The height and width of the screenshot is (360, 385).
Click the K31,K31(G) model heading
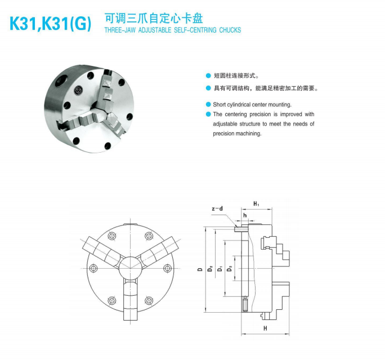pyautogui.click(x=50, y=24)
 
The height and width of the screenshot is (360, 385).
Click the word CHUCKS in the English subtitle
pyautogui.click(x=230, y=30)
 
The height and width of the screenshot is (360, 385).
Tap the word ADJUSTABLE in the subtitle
pyautogui.click(x=155, y=30)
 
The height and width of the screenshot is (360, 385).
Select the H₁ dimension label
pyautogui.click(x=256, y=204)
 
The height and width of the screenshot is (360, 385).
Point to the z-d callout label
pyautogui.click(x=217, y=208)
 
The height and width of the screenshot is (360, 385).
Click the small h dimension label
pyautogui.click(x=245, y=216)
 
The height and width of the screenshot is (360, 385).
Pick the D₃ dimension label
pyautogui.click(x=230, y=269)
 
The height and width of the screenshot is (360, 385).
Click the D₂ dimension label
pyautogui.click(x=210, y=268)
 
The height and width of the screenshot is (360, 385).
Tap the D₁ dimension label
pyautogui.click(x=220, y=269)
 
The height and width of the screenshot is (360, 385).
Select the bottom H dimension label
pyautogui.click(x=265, y=328)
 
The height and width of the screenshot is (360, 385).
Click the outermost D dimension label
pyautogui.click(x=200, y=269)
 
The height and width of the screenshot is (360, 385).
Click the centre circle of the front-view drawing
pyautogui.click(x=130, y=268)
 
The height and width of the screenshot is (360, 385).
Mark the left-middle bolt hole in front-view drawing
pyautogui.click(x=93, y=268)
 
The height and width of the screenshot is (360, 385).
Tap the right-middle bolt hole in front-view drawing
pyautogui.click(x=167, y=268)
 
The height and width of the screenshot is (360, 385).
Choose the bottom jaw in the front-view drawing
pyautogui.click(x=130, y=299)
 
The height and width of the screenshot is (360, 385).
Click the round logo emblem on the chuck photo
pyautogui.click(x=79, y=90)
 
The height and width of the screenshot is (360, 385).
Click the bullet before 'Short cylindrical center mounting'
pyautogui.click(x=208, y=105)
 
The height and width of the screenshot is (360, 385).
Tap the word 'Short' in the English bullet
pyautogui.click(x=220, y=105)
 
